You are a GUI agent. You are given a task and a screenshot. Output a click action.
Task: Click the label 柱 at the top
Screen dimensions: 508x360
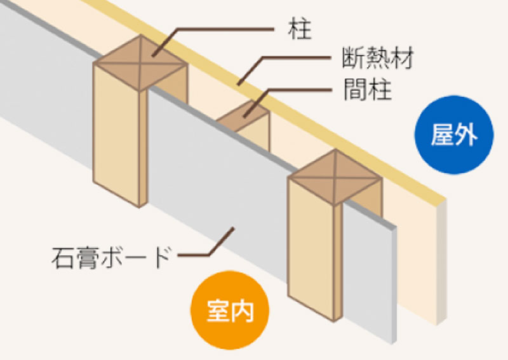(299, 29)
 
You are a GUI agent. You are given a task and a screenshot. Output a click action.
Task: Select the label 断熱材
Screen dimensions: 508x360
(377, 58)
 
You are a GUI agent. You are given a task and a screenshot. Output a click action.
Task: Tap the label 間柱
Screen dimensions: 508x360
(368, 89)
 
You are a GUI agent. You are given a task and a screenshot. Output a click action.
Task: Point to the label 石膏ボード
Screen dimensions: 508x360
(110, 257)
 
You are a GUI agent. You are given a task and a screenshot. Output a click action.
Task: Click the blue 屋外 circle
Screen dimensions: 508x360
(454, 135)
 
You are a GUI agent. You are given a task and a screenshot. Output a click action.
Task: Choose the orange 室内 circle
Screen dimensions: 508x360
(230, 310)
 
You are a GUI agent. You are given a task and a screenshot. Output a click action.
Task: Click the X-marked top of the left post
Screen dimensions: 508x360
(140, 63)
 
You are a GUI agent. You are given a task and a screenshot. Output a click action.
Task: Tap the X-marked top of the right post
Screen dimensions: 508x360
(335, 177)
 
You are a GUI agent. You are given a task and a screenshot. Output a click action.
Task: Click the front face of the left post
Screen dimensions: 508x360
(116, 133)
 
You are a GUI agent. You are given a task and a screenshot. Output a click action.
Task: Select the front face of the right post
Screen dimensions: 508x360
(311, 248)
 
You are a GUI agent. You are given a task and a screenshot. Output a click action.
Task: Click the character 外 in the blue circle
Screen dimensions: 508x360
(466, 135)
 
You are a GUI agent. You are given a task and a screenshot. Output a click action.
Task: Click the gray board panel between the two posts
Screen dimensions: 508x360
(217, 182)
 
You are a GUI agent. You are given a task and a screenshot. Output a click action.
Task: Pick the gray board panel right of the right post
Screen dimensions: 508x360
(370, 272)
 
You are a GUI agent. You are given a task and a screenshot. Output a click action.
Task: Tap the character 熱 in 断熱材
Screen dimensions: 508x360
(378, 58)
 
